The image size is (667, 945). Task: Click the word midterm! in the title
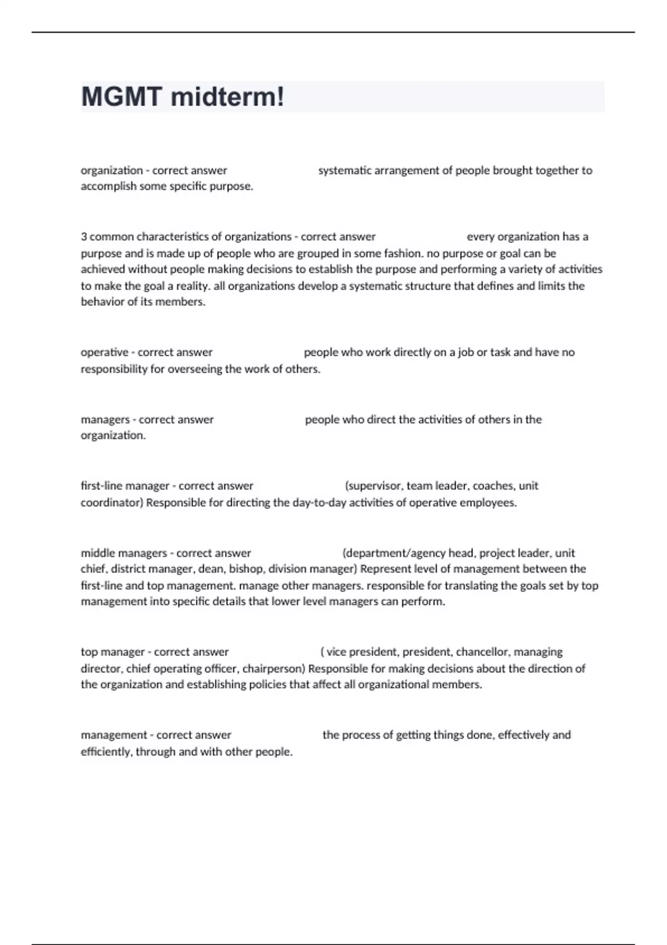[x=227, y=97]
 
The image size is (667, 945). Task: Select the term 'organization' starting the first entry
[x=112, y=170]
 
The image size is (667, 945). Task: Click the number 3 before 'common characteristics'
[x=84, y=237]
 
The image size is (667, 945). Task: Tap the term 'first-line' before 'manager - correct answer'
[x=102, y=486]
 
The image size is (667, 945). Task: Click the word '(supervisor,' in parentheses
[x=374, y=486]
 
